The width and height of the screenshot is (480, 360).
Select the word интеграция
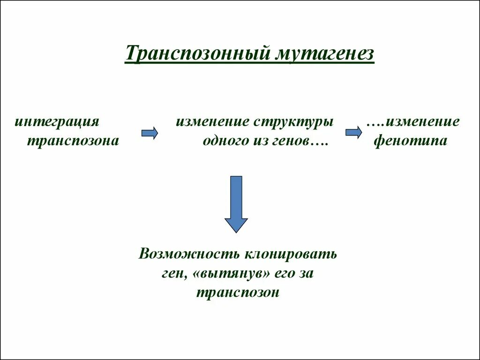tap(57, 121)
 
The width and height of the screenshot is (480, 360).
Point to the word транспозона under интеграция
tap(73, 140)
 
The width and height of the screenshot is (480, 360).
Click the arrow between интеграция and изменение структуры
tap(150, 133)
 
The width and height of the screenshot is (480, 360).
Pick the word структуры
tap(294, 122)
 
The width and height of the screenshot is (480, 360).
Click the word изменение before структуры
tap(213, 121)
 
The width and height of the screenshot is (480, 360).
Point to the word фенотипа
tap(411, 140)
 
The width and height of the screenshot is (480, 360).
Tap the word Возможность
tap(188, 255)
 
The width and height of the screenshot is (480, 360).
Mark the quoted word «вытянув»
tap(229, 274)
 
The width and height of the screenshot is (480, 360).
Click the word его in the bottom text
tap(281, 274)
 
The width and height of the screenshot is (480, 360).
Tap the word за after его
tap(305, 274)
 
